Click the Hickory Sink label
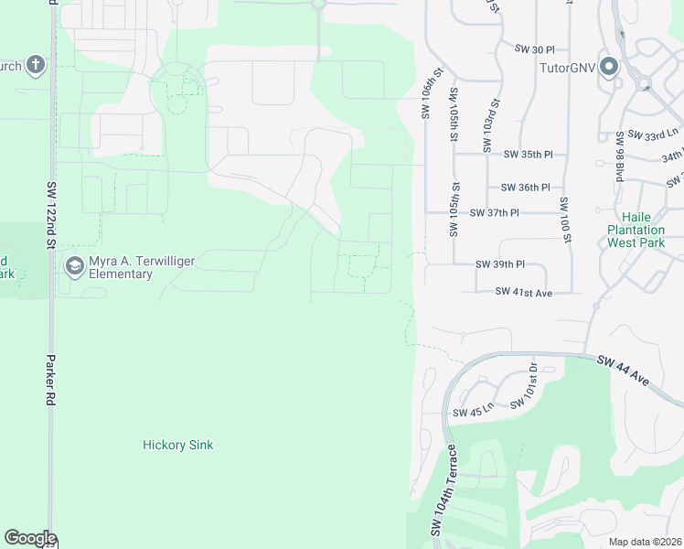[x=178, y=446]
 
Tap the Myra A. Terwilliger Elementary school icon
[x=74, y=266]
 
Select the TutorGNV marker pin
[x=610, y=68]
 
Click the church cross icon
[x=35, y=65]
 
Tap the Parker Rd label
[x=51, y=380]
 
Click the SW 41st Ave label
[x=524, y=292]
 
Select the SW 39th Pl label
[x=500, y=264]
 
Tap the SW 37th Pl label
[x=494, y=212]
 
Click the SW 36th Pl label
[x=526, y=187]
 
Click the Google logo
[x=30, y=538]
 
